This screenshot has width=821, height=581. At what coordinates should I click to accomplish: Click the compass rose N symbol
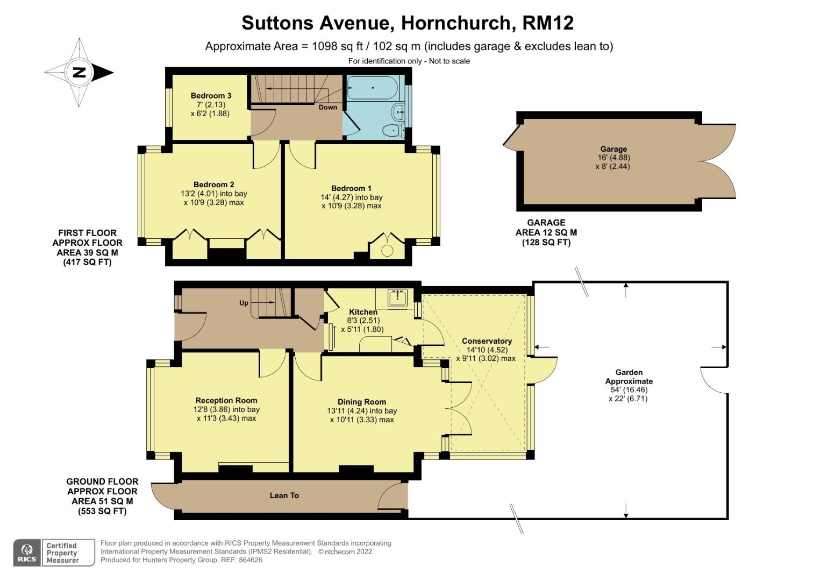(80, 72)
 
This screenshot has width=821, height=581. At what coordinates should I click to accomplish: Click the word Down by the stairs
(328, 107)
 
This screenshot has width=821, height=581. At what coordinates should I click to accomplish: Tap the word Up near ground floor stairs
(244, 303)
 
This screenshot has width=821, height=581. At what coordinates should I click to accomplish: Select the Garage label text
(613, 149)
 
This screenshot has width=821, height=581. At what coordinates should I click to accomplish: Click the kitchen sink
(398, 297)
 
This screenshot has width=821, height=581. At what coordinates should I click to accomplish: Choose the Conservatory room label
(487, 341)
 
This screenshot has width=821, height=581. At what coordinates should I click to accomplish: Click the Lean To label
(284, 495)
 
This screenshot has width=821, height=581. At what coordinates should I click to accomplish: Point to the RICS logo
(27, 552)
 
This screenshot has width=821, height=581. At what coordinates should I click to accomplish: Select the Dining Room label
(362, 402)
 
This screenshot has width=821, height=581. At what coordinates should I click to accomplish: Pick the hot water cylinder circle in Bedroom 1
(387, 250)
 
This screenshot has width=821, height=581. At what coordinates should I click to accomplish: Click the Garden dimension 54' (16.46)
(629, 390)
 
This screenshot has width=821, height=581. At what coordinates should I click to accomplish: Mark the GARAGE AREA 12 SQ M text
(546, 232)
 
